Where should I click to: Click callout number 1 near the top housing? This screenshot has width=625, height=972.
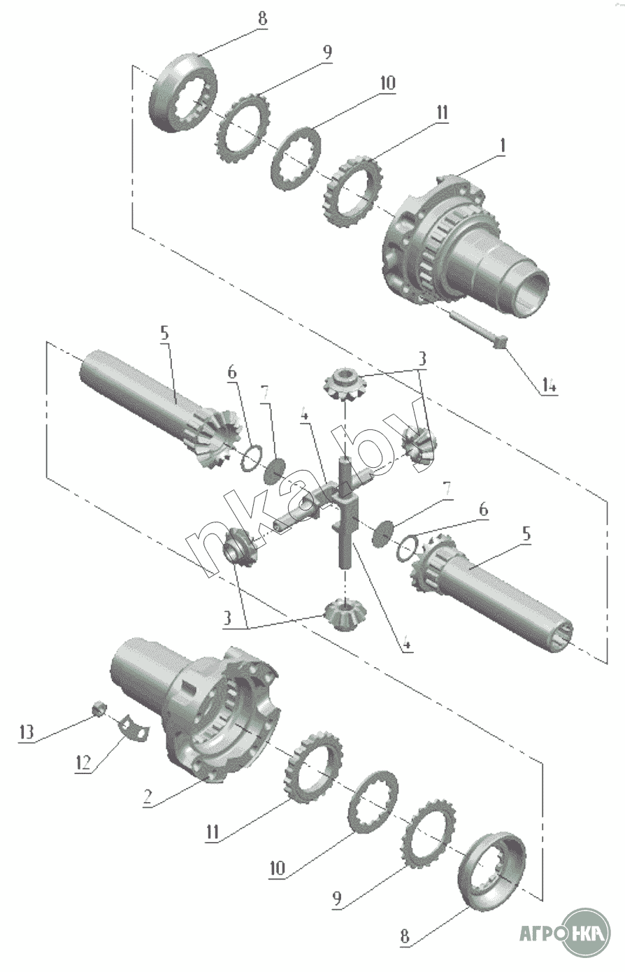coord(503,147)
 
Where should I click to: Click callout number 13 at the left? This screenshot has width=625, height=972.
coord(26,732)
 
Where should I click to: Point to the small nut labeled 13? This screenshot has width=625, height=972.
coord(99,709)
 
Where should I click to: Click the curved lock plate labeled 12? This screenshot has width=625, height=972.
coord(133,727)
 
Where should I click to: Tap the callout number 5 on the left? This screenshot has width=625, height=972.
coord(164,333)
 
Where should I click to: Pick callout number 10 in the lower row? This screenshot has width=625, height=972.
coord(278,868)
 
